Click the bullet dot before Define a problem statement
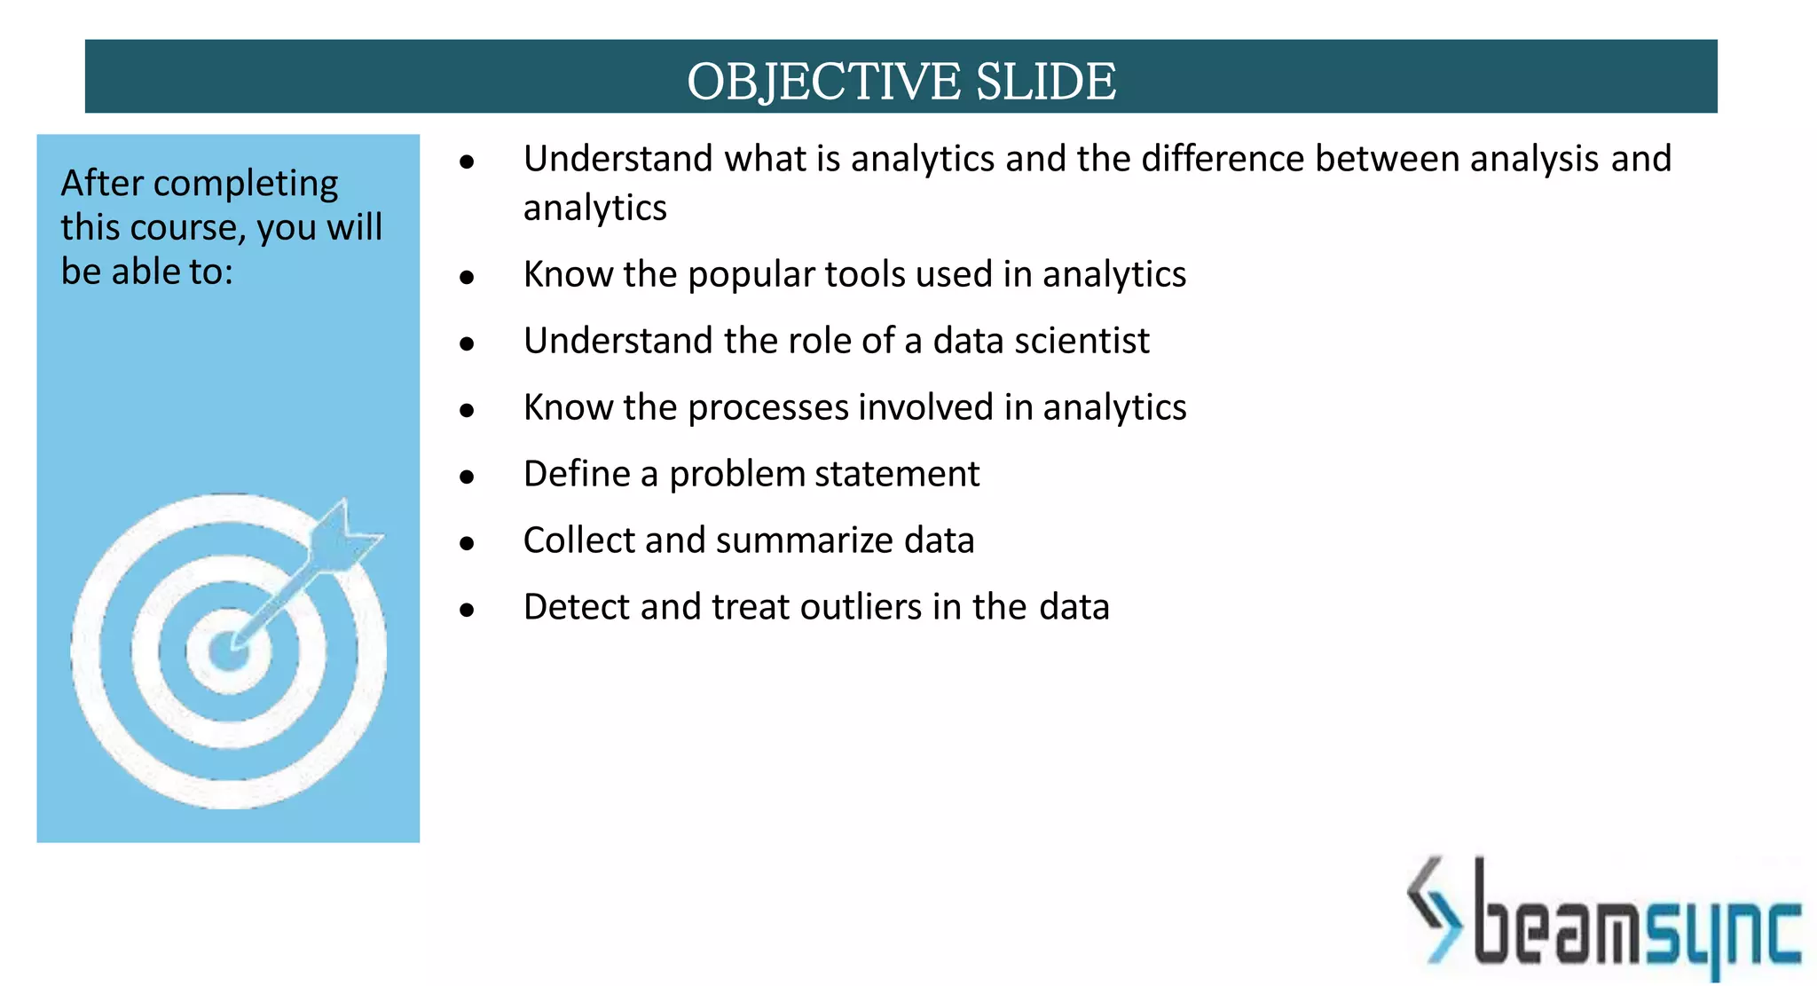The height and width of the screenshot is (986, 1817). pos(468,477)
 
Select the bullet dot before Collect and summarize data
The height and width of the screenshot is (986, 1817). pos(468,544)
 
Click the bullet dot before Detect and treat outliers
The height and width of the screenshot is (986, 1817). pos(468,611)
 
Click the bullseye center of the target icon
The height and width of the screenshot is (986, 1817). pos(228,651)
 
